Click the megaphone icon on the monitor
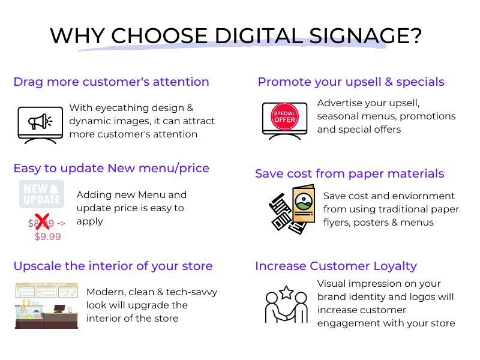[x=40, y=122]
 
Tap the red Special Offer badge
[x=284, y=116]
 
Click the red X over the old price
[x=42, y=221]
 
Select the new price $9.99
[x=48, y=236]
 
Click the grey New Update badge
[x=41, y=194]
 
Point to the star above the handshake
[x=287, y=292]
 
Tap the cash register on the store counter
[x=59, y=308]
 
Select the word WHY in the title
[x=78, y=36]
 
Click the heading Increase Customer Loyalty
[x=336, y=266]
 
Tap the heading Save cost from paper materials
[x=349, y=173]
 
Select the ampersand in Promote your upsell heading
[x=389, y=82]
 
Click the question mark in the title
[x=416, y=36]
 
